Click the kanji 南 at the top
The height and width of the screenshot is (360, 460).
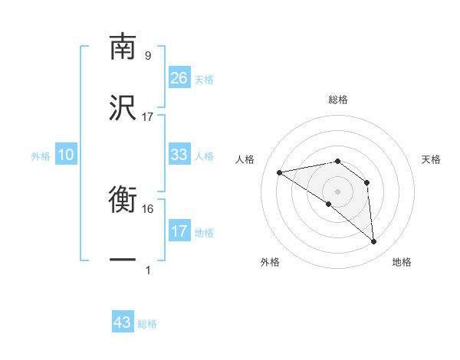pyautogui.click(x=123, y=47)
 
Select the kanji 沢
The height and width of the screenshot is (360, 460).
pyautogui.click(x=123, y=109)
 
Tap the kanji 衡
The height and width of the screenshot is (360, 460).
pyautogui.click(x=123, y=201)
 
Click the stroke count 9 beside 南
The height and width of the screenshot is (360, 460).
pyautogui.click(x=147, y=55)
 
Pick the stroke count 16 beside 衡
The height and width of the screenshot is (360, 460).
pyautogui.click(x=149, y=208)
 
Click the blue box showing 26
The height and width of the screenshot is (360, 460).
pyautogui.click(x=179, y=77)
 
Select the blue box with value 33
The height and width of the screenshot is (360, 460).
pyautogui.click(x=179, y=155)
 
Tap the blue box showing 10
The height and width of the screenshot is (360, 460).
pyautogui.click(x=66, y=155)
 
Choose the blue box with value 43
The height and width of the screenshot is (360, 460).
pyautogui.click(x=123, y=322)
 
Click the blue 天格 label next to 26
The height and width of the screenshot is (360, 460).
pyautogui.click(x=204, y=79)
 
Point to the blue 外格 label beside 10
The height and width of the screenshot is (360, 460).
pyautogui.click(x=41, y=155)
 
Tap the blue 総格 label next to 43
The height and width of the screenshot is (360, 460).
pyautogui.click(x=147, y=324)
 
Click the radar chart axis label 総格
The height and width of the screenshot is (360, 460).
pyautogui.click(x=338, y=100)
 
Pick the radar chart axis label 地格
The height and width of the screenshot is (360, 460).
pyautogui.click(x=402, y=262)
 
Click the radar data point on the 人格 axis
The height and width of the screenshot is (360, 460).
pyautogui.click(x=280, y=172)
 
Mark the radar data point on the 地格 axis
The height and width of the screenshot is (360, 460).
pyautogui.click(x=374, y=242)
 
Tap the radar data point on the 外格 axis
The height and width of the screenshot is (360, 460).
pyautogui.click(x=329, y=204)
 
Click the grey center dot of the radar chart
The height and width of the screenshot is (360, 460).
pyautogui.click(x=338, y=191)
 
